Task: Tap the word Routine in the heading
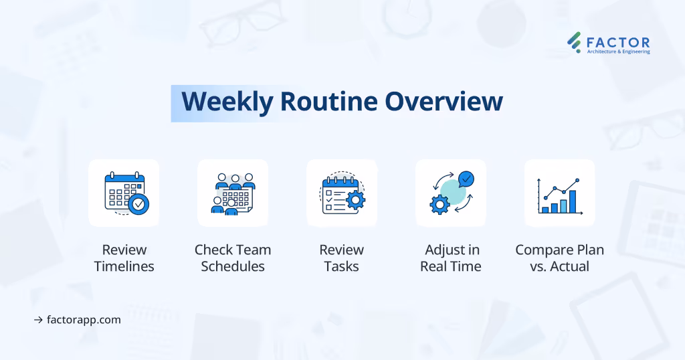point(329,101)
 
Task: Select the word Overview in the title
point(444,101)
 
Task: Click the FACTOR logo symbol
point(575,42)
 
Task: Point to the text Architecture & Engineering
point(618,52)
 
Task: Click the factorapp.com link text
point(84,320)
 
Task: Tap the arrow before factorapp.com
point(38,320)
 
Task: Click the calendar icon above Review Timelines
point(126,193)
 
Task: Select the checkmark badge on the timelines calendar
point(138,204)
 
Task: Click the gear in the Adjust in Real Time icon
point(439,205)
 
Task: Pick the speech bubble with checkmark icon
point(466,179)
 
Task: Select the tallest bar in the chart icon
point(573,201)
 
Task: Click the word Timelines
point(124,266)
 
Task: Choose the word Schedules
point(233,266)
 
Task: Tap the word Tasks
point(342,266)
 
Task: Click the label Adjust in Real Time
point(451,258)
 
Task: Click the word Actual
point(570,266)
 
